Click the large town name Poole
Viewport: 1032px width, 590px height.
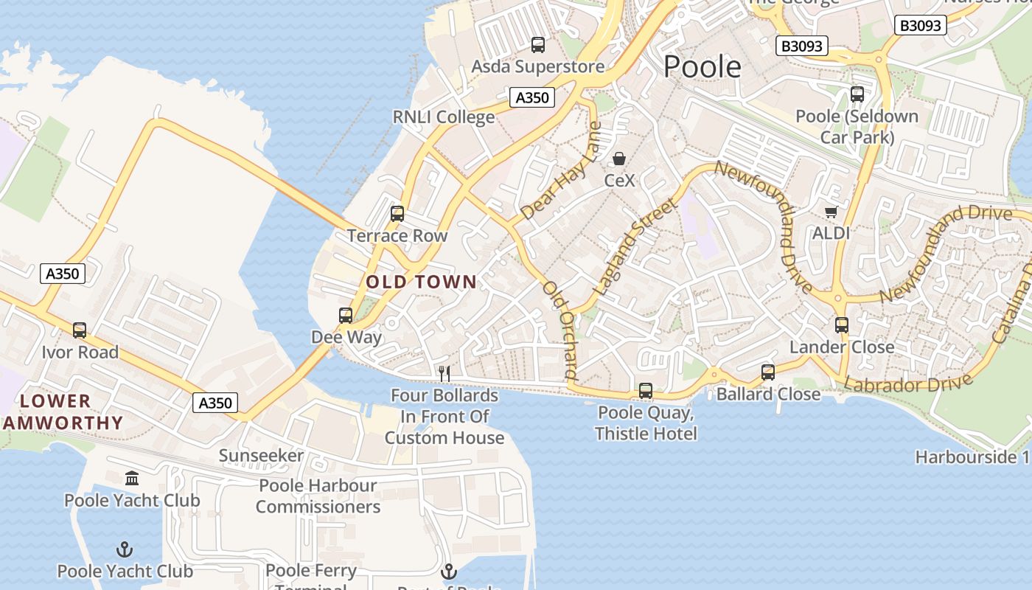(x=702, y=66)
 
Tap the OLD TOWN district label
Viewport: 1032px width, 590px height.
(x=421, y=282)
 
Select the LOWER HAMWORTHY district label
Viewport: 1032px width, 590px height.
(x=63, y=412)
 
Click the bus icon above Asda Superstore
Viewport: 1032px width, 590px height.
(x=538, y=45)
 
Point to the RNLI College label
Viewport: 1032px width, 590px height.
(x=443, y=117)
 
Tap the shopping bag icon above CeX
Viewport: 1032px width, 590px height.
(x=619, y=159)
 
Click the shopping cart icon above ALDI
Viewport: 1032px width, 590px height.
(x=831, y=212)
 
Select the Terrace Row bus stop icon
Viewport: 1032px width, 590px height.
(x=397, y=214)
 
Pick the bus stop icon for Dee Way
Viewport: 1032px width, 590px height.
(x=346, y=316)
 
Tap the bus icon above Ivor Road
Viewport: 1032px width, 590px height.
(x=80, y=330)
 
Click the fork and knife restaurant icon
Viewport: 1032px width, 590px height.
(x=444, y=374)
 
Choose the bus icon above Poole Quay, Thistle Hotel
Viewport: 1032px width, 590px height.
(x=646, y=391)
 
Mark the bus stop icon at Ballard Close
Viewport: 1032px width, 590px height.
(x=768, y=372)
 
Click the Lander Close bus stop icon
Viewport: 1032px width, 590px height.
(x=842, y=325)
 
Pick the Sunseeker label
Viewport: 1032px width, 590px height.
(x=261, y=456)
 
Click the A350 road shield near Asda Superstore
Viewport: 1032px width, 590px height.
(x=531, y=97)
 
